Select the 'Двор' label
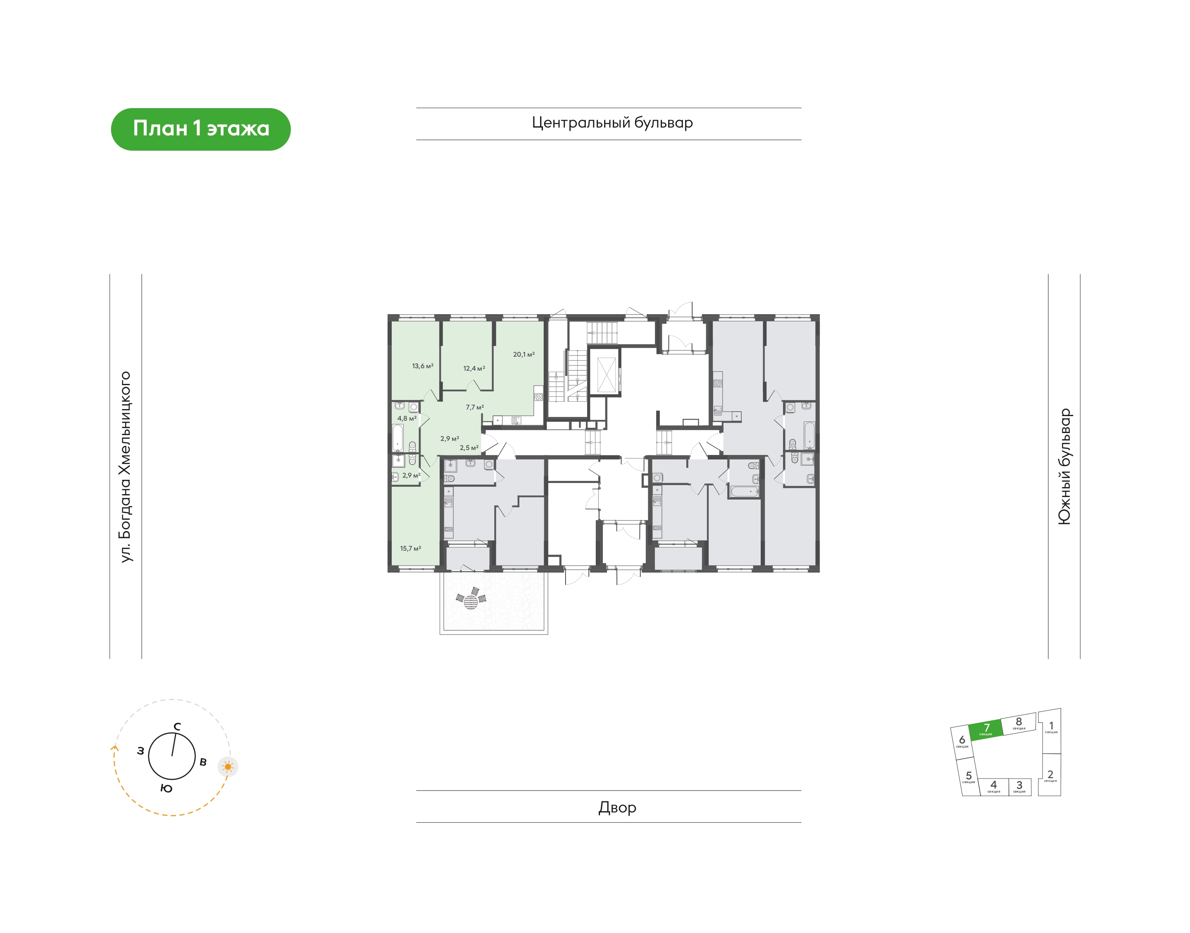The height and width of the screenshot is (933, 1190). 617,807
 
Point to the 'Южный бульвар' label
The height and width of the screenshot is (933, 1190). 1064,467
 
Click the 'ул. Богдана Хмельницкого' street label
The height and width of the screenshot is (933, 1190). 126,467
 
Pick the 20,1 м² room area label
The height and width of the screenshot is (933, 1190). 524,355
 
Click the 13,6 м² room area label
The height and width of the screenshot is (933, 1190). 423,366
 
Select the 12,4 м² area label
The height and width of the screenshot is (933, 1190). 474,369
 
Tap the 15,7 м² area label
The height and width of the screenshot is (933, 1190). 411,548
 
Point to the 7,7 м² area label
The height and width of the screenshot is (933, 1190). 474,407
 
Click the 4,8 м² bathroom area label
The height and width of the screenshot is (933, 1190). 407,419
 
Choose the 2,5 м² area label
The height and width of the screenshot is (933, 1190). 469,448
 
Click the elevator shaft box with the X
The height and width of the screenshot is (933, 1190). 606,375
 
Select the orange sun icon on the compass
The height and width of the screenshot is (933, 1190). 228,767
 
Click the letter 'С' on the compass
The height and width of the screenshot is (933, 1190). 177,727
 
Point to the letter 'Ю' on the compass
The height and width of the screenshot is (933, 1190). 167,788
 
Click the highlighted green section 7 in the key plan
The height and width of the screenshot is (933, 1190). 986,729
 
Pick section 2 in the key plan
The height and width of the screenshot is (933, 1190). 1050,776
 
